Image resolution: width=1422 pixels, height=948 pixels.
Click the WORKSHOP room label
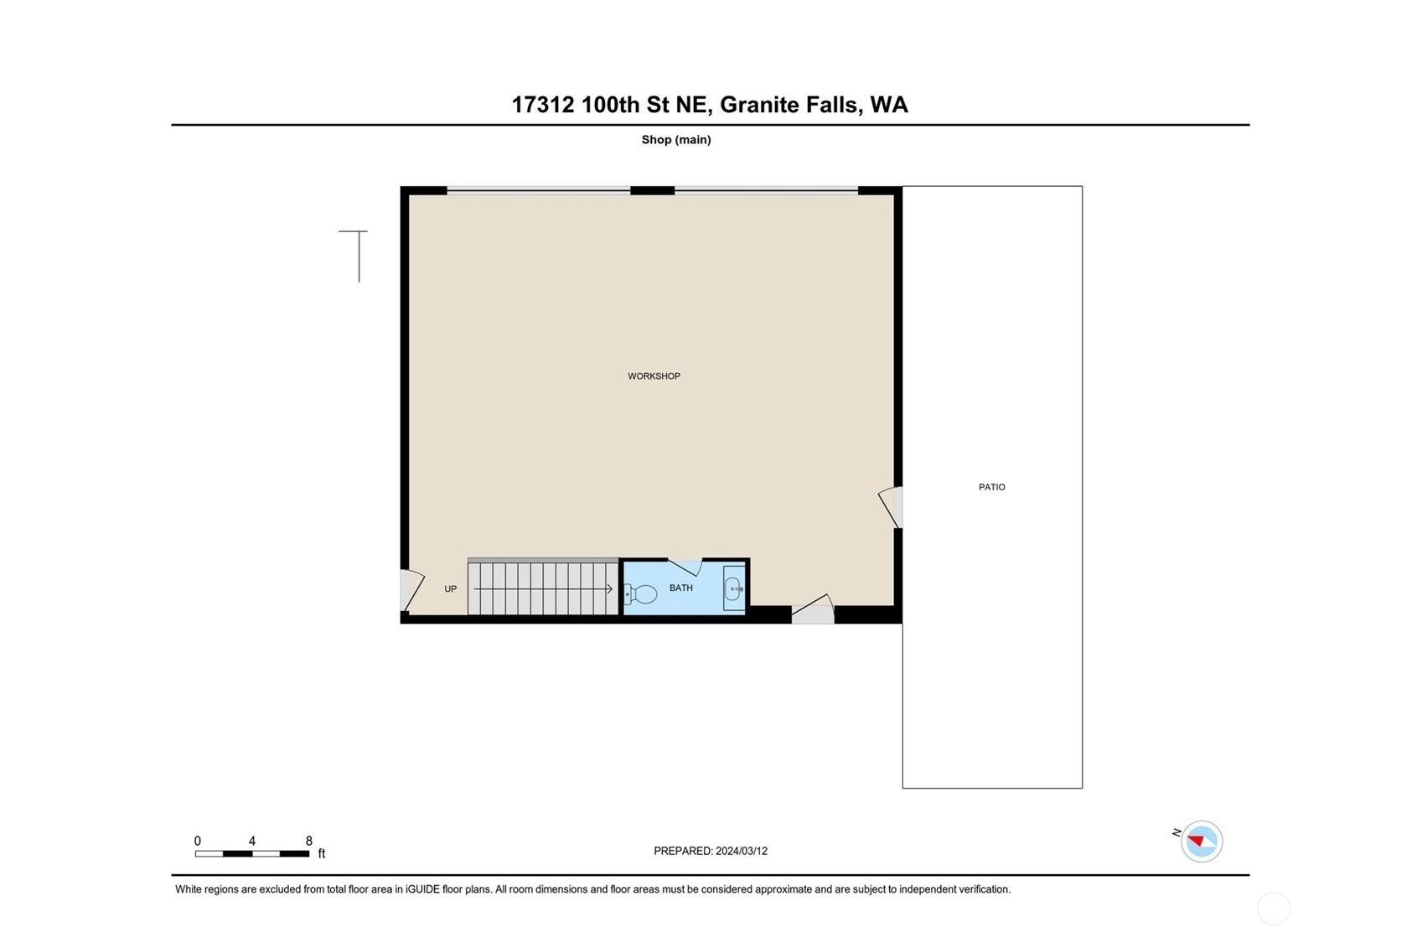point(654,376)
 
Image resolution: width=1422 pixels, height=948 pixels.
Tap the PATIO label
point(991,487)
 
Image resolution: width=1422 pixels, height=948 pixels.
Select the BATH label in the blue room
point(680,588)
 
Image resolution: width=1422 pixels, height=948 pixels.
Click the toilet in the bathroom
point(640,594)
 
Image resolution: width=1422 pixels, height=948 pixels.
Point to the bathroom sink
point(734,588)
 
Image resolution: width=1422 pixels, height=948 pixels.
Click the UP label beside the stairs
point(450,589)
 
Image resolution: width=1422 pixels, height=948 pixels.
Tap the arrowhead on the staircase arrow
point(609,589)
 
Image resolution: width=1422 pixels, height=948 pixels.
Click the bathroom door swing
point(685,567)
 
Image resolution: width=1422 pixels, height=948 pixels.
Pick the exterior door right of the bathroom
point(813,609)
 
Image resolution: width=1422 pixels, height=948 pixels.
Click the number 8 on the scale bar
point(309,841)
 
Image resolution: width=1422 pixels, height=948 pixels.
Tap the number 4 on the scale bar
point(252,841)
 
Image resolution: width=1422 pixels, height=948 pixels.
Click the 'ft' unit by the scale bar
point(322,853)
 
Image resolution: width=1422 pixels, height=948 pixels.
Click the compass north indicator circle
point(1202,842)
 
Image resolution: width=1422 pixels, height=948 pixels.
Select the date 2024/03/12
point(742,851)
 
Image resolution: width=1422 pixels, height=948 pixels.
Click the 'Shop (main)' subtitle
point(676,140)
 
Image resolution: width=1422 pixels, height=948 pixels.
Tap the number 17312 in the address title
point(543,105)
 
